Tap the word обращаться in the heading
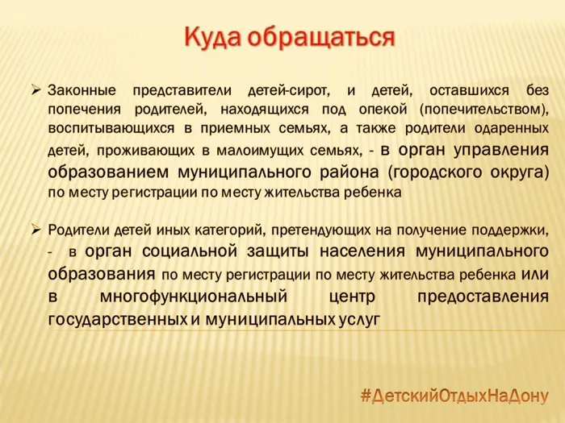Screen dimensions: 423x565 322,38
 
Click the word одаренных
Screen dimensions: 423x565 513,128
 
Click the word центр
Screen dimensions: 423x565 354,296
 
